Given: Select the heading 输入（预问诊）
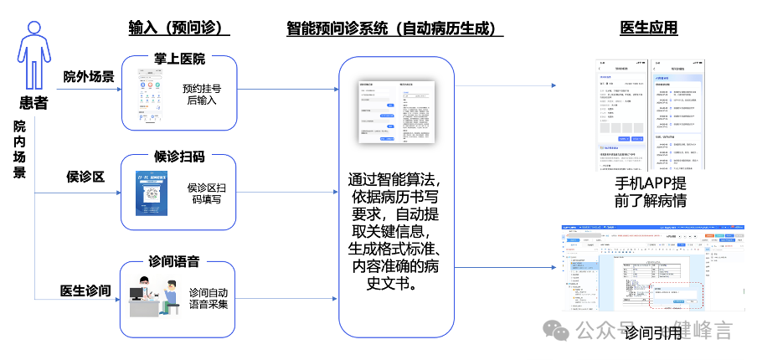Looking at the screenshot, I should coord(179,28).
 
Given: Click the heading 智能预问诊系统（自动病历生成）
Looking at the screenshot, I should coord(394,28).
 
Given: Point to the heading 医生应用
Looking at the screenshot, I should coord(649,28).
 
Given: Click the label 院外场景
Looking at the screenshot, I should coord(89,77).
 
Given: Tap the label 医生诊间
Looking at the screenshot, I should coord(85,291).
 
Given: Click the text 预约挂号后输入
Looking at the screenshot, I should coord(202,94).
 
